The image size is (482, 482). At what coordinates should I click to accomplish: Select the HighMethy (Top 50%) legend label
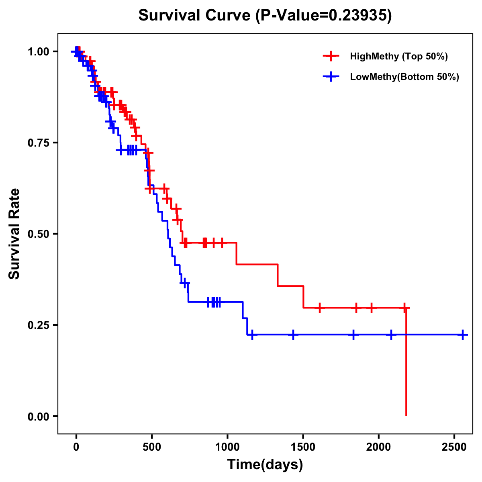click(398, 56)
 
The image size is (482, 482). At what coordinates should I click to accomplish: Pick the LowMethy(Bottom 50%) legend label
click(404, 77)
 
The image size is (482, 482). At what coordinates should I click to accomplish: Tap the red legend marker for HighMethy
click(331, 56)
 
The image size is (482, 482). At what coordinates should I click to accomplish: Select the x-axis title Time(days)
click(265, 465)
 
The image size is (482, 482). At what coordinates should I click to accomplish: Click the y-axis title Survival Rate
click(14, 234)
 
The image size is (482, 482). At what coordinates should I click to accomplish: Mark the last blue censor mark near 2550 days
click(463, 335)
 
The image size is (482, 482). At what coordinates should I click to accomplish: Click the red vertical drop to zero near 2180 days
click(406, 361)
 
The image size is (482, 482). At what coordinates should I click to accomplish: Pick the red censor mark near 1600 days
click(320, 308)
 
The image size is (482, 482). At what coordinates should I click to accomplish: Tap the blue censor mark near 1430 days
click(293, 335)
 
